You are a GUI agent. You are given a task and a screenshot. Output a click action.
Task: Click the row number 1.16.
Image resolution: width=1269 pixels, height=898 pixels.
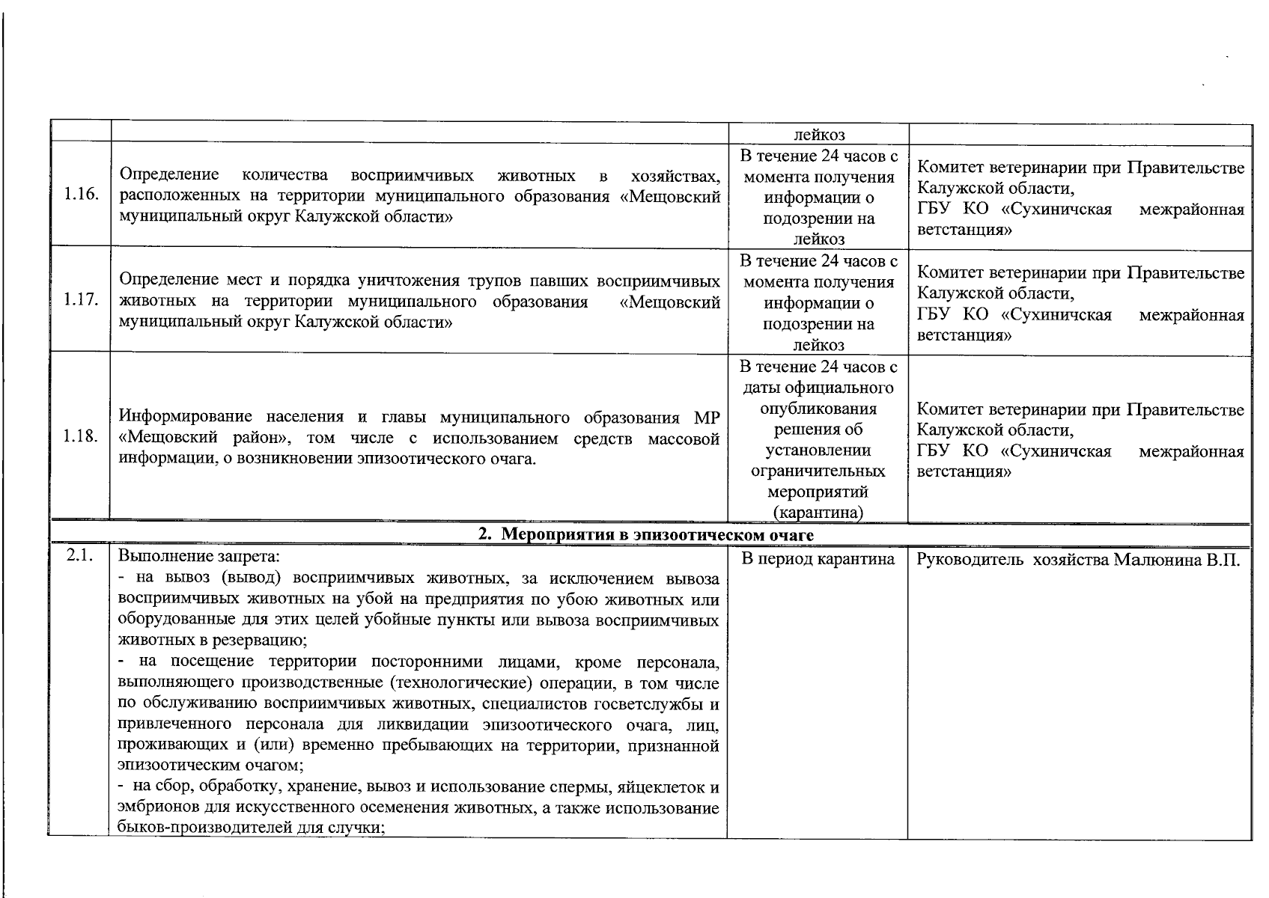[81, 196]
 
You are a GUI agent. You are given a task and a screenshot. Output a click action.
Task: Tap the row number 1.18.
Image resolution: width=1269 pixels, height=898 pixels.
[81, 437]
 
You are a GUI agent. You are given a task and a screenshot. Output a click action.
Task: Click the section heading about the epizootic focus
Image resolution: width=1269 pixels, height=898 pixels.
[646, 535]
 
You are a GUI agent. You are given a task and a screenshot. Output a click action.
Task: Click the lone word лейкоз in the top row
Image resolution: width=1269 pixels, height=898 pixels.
[818, 135]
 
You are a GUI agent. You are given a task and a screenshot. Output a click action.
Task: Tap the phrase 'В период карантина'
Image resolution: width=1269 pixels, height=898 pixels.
[818, 560]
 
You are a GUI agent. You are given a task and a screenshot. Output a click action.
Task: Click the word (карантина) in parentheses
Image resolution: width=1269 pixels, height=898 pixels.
[818, 513]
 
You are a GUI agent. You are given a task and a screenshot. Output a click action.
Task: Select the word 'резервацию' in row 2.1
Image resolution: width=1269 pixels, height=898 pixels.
[263, 641]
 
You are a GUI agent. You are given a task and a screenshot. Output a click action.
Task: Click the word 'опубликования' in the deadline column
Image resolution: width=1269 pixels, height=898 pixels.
[818, 409]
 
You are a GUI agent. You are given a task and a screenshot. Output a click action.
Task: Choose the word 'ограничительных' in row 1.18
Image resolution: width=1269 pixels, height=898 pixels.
[818, 471]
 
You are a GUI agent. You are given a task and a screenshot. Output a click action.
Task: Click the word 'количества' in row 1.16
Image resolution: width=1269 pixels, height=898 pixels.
[285, 175]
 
